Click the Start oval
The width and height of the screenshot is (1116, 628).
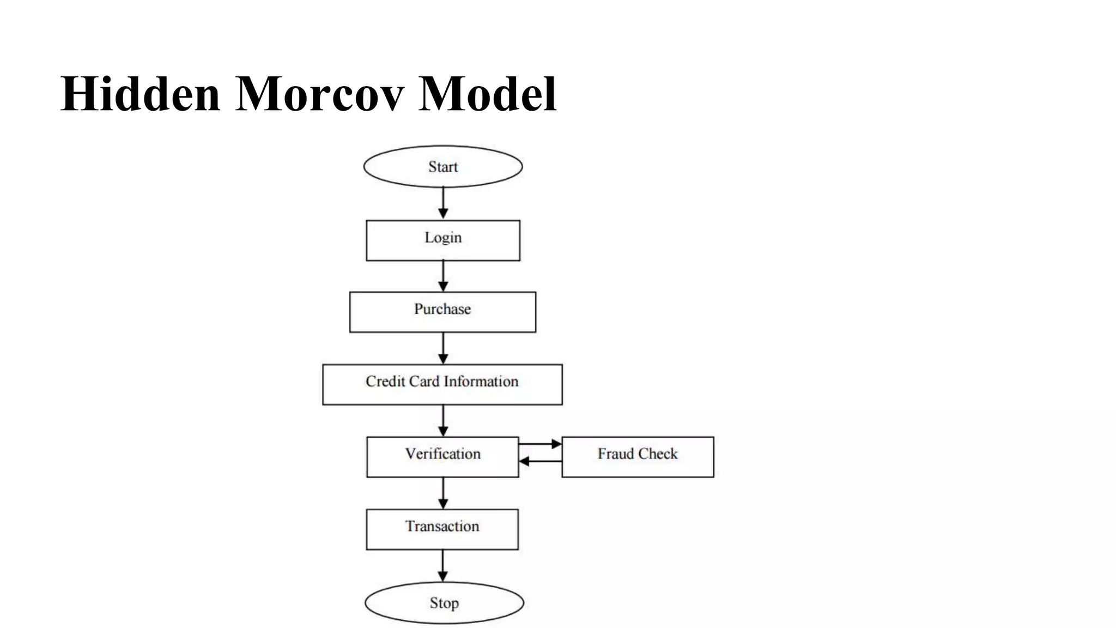442,166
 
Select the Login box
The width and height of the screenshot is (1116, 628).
442,240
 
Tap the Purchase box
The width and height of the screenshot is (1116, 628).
442,312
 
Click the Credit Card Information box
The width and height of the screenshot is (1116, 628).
442,384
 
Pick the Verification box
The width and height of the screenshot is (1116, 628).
442,457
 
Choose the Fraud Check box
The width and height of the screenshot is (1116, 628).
638,457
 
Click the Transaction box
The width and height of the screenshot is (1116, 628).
442,529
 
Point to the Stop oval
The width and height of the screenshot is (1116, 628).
444,602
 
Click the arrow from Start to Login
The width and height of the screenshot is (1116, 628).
443,203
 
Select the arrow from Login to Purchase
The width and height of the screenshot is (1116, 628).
443,276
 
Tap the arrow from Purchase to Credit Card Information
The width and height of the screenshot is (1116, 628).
443,348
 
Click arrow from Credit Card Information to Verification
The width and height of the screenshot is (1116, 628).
443,420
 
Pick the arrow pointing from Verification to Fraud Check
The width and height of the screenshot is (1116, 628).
540,444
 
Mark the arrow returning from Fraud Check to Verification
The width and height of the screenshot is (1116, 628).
540,462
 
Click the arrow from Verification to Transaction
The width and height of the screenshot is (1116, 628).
443,493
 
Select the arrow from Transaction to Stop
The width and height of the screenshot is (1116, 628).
442,566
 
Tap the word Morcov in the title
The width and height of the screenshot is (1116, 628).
319,94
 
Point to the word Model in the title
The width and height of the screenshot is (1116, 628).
487,94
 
